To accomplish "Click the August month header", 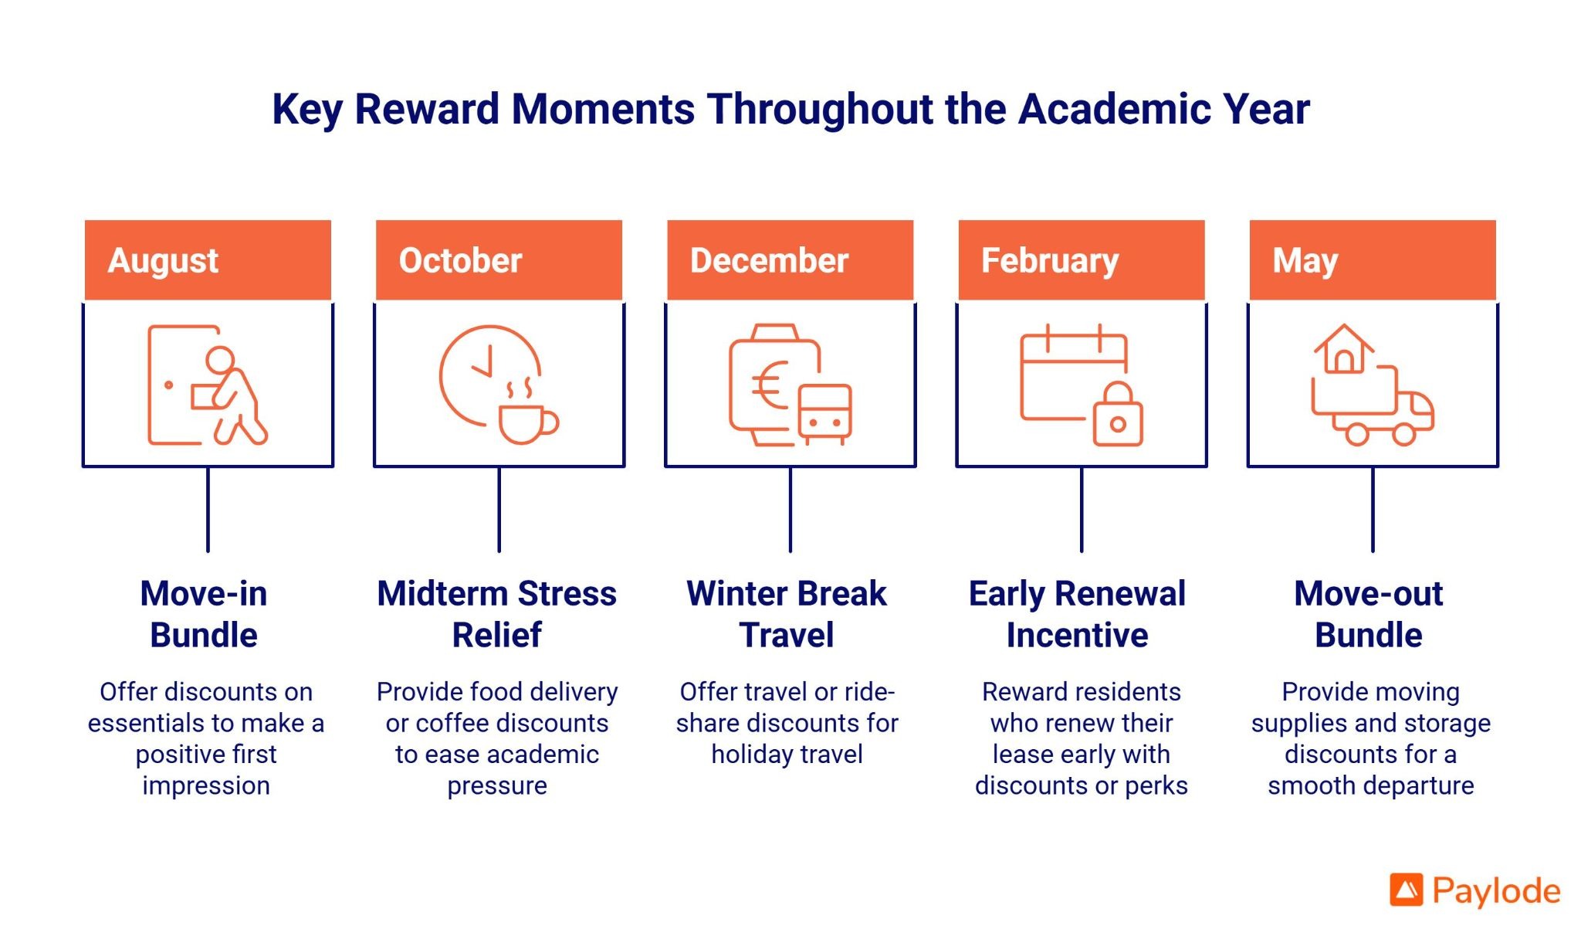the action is [208, 260].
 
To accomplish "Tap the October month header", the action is [499, 260].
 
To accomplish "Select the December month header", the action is [790, 260].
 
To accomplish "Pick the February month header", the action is [1082, 260].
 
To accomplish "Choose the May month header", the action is [1373, 260].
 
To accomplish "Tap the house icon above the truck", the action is [1344, 349].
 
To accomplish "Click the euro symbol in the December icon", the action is [770, 385].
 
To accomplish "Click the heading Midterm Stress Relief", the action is [497, 614].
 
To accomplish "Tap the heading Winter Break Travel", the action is [787, 614].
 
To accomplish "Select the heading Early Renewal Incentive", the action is [1078, 614].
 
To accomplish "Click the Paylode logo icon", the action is [1407, 890].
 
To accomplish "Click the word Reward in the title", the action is [427, 109].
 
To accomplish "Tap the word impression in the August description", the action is [206, 786].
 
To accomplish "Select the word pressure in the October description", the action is [497, 786].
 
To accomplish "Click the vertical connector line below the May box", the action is [1373, 510].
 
